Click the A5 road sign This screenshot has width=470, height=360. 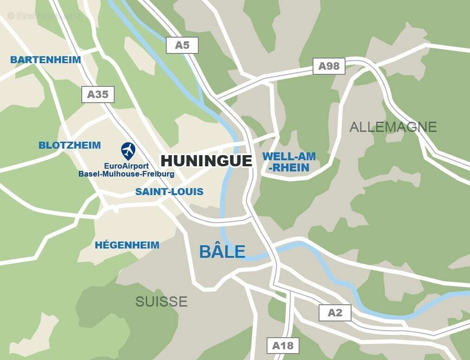182,45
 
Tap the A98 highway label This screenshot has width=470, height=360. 329,66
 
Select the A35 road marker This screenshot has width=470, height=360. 98,94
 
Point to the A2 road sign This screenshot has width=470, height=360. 335,313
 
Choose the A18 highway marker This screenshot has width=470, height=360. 283,346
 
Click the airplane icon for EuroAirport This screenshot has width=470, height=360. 128,151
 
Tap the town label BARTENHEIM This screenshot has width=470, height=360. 46,60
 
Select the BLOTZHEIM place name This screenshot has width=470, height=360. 70,145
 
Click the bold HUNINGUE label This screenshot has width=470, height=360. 206,161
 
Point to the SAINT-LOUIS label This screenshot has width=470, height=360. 169,192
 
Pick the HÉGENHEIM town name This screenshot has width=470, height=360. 127,245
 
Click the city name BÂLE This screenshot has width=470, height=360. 222,252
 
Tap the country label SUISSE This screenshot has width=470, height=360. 161,301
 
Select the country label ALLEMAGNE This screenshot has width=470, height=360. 393,127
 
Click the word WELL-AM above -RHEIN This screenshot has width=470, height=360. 289,157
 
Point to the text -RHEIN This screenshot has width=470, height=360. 288,168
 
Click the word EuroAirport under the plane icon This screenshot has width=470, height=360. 126,166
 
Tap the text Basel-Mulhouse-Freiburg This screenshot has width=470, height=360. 126,174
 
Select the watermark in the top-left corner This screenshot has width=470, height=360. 44,16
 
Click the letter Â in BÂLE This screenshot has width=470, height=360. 215,251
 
